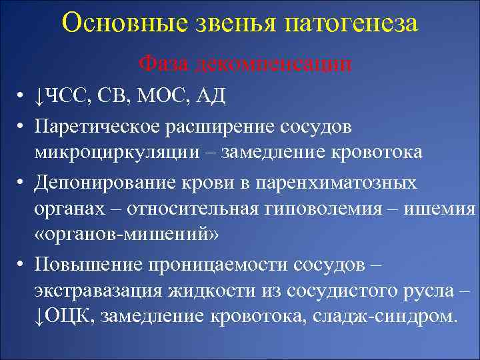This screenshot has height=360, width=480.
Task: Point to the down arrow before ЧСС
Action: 39,98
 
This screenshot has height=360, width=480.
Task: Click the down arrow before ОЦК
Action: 39,317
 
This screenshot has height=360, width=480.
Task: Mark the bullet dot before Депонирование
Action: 21,181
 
